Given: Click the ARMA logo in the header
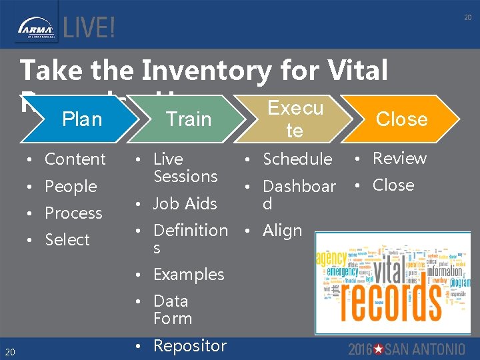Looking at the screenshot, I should click(x=37, y=27).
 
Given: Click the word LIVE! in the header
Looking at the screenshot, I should click(x=89, y=27).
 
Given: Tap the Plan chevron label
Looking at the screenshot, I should click(x=81, y=119).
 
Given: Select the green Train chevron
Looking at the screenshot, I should click(x=188, y=119).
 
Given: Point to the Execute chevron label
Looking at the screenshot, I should click(x=295, y=119).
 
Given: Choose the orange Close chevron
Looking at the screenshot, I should click(x=401, y=119).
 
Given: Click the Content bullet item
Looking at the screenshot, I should click(x=75, y=159).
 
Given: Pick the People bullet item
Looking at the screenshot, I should click(x=71, y=187).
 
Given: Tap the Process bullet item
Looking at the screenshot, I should click(x=73, y=213).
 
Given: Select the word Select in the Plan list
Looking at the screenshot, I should click(x=67, y=240).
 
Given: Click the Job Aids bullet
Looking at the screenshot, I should click(x=185, y=203).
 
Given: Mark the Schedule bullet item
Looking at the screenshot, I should click(x=297, y=159).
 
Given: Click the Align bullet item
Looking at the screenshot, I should click(x=282, y=231).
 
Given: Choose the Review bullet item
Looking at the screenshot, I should click(x=399, y=159).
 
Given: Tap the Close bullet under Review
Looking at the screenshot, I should click(x=393, y=185).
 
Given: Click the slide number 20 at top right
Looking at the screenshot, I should click(x=467, y=18).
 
